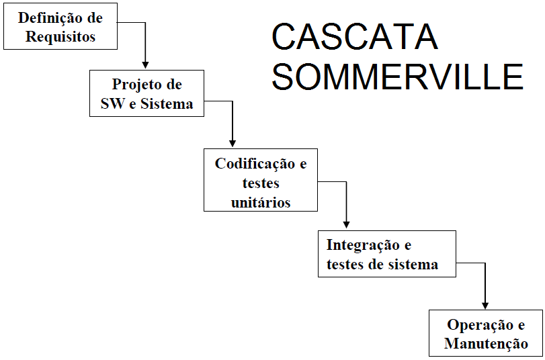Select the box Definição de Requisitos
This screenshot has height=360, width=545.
(60, 28)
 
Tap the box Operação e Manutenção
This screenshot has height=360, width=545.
(485, 334)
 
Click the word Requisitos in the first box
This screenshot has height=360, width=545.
(60, 37)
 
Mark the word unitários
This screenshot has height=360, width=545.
(261, 201)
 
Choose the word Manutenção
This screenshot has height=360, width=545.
(486, 344)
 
